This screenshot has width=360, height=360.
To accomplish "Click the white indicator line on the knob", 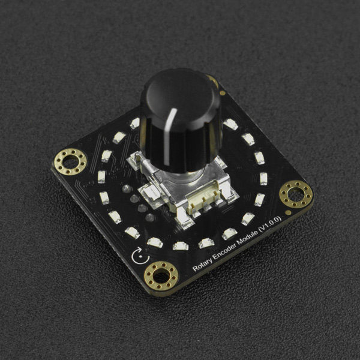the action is (169, 136).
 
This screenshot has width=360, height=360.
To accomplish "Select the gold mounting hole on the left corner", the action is (70, 162).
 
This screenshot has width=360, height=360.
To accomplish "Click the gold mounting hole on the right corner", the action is (296, 194).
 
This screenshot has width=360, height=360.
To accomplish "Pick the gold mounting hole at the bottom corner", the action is (161, 276).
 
